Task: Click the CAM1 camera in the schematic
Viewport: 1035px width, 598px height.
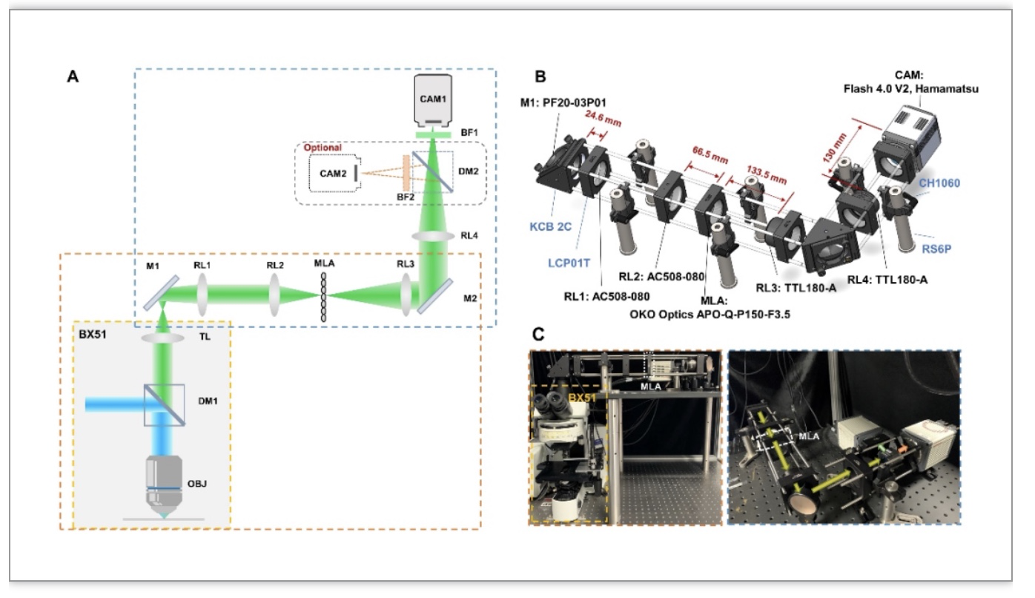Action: click(x=432, y=100)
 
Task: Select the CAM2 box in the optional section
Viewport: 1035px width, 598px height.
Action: click(x=334, y=173)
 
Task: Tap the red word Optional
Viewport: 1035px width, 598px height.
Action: click(x=323, y=148)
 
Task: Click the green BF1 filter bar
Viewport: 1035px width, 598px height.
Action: click(x=433, y=135)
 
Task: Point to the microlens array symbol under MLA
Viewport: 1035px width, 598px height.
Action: click(x=323, y=297)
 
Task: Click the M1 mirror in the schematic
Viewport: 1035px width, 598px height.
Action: click(x=161, y=293)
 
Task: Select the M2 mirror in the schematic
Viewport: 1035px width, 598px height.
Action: click(x=434, y=296)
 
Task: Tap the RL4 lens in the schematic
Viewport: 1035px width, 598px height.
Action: click(x=433, y=237)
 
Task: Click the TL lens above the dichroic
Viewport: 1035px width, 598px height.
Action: click(x=162, y=338)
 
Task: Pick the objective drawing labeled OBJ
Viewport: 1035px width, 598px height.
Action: click(x=164, y=487)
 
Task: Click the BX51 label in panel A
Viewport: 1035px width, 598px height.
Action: click(x=93, y=334)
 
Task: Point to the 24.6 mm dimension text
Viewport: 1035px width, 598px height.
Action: click(x=603, y=119)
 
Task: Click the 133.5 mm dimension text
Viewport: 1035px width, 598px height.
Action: click(x=766, y=175)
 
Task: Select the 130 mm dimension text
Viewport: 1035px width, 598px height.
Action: click(x=835, y=148)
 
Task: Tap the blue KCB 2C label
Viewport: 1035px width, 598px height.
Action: click(x=550, y=226)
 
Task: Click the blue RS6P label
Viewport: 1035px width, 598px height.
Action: click(x=936, y=249)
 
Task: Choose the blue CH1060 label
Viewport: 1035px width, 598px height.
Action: click(x=939, y=183)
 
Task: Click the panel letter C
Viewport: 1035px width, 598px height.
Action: click(x=538, y=334)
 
